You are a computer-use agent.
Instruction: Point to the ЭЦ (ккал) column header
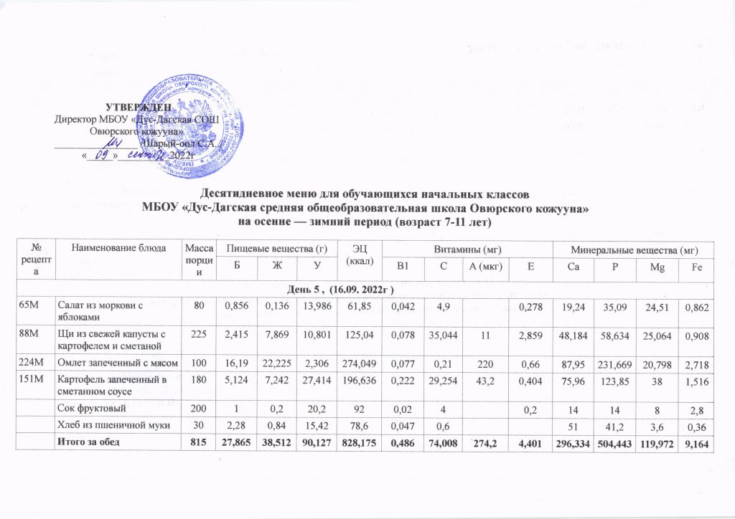(x=355, y=254)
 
